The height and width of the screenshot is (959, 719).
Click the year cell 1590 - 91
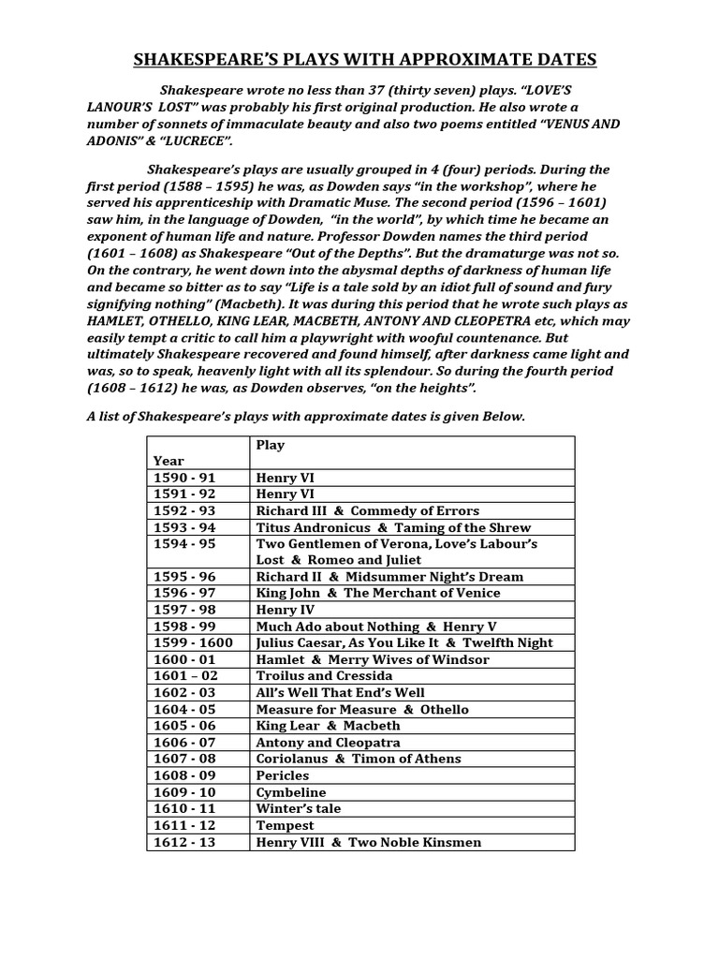pyautogui.click(x=184, y=478)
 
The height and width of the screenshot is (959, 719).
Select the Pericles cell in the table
pyautogui.click(x=283, y=775)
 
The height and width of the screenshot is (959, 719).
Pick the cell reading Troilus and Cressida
pyautogui.click(x=324, y=676)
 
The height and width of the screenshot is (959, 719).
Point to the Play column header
pyautogui.click(x=271, y=445)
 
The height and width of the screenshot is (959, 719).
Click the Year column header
pyautogui.click(x=169, y=461)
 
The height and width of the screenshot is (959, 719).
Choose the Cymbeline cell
pyautogui.click(x=291, y=792)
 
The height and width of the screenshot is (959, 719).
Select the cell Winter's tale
pyautogui.click(x=299, y=808)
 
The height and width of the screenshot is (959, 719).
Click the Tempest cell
pyautogui.click(x=286, y=825)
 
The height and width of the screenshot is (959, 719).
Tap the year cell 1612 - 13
pyautogui.click(x=184, y=842)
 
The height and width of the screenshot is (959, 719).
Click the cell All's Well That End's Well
pyautogui.click(x=340, y=693)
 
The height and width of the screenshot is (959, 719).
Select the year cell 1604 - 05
pyautogui.click(x=184, y=709)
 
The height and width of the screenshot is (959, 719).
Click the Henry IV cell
pyautogui.click(x=285, y=610)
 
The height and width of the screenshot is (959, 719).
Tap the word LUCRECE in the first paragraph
pyautogui.click(x=192, y=141)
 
